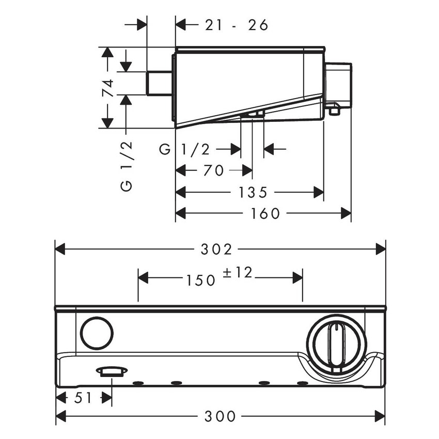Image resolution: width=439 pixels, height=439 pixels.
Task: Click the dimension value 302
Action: (x=221, y=249)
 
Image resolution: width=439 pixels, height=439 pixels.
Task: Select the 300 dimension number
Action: (x=221, y=415)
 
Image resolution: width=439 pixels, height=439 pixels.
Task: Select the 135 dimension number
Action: (x=253, y=192)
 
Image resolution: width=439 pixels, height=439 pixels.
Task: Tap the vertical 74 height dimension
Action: (x=107, y=88)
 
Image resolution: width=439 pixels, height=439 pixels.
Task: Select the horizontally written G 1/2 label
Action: (x=184, y=150)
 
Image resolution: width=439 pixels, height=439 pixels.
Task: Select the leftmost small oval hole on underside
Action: (x=138, y=383)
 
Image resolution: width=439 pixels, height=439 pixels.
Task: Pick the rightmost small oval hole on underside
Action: (x=302, y=383)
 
